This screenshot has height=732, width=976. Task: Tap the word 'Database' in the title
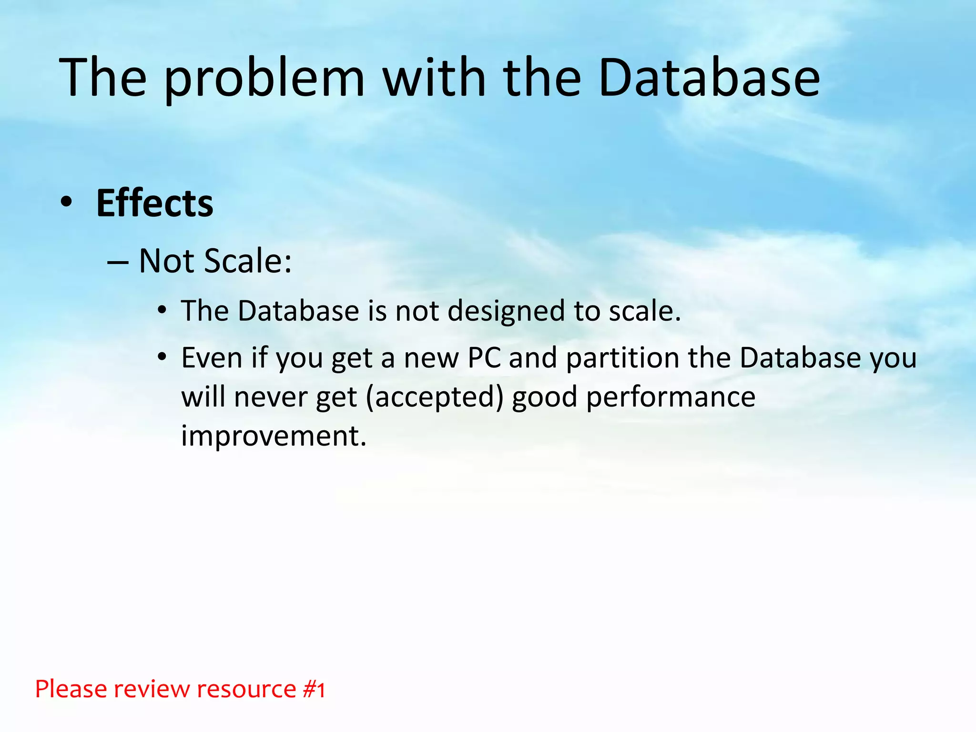point(709,78)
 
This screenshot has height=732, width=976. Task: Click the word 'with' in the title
point(434,78)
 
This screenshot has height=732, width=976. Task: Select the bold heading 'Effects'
point(154,203)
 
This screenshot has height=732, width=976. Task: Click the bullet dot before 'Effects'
point(66,203)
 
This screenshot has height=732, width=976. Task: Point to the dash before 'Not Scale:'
point(118,262)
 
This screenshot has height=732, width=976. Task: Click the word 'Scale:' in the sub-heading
point(248,261)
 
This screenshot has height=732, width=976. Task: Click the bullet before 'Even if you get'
point(162,356)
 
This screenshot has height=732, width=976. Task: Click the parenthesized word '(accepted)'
point(435,397)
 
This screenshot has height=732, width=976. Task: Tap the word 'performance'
point(671,397)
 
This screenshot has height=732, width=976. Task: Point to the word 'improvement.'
point(274,436)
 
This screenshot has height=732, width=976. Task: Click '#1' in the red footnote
point(314,689)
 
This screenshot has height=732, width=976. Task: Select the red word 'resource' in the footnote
point(246,689)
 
